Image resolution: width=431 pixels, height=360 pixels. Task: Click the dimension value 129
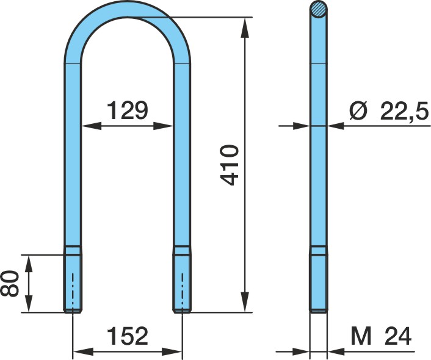[127, 110]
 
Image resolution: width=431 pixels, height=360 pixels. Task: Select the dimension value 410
[230, 165]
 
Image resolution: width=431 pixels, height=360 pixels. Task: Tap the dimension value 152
[127, 336]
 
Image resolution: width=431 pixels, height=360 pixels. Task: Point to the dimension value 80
[10, 283]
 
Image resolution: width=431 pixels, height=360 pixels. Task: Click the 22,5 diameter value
[404, 110]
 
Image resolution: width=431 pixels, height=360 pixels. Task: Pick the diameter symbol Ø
[358, 110]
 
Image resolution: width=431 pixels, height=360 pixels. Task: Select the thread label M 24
[381, 336]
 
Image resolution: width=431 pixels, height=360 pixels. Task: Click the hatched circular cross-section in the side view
[319, 9]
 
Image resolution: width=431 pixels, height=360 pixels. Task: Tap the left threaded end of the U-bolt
[73, 283]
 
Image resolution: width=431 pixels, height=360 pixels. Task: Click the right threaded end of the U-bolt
[182, 283]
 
